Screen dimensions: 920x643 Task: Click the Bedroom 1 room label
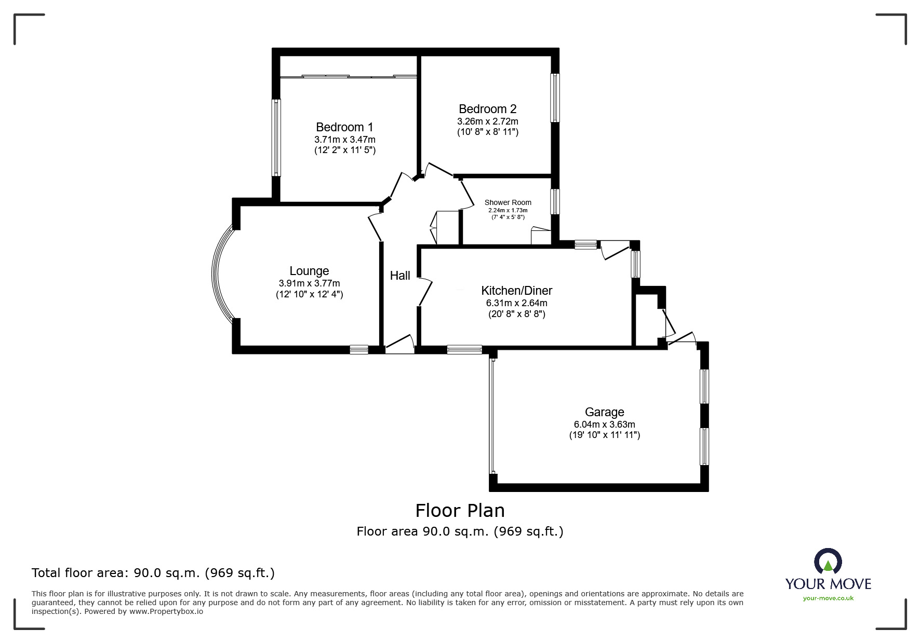coord(344,127)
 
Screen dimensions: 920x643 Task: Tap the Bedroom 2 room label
coord(487,109)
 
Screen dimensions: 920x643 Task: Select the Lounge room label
coord(309,271)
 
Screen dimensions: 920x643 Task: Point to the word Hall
coord(400,276)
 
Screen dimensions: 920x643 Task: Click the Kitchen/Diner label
coord(516,291)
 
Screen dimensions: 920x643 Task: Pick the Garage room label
coord(604,412)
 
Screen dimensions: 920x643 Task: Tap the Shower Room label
coord(508,202)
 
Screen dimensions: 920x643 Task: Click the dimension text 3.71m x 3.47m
coord(344,140)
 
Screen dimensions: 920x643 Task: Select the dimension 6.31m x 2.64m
coord(516,303)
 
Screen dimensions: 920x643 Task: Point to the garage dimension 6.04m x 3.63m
coord(604,425)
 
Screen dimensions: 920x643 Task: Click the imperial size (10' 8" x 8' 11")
coord(487,132)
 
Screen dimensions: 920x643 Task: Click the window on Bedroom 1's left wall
coord(277,138)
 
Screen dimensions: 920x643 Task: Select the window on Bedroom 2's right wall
coord(555,98)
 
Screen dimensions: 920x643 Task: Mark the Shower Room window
coord(555,201)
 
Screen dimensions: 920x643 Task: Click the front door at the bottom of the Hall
coord(399,345)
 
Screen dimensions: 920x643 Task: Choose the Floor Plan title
coord(460,511)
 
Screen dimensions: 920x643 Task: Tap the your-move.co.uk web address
coord(828,598)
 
